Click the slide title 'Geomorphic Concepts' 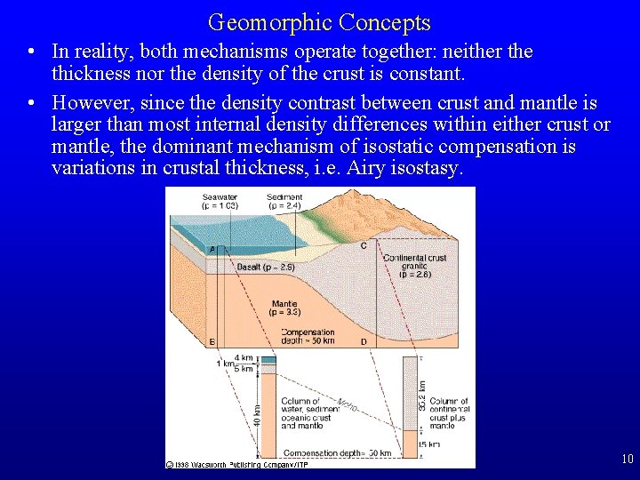point(319,22)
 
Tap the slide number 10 point(628,460)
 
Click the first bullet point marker point(30,52)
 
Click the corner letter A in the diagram point(212,250)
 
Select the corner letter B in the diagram point(212,342)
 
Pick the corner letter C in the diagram point(363,245)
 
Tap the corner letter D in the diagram point(363,342)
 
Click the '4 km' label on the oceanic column point(244,357)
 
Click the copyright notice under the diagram point(233,464)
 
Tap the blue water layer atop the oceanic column point(268,359)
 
